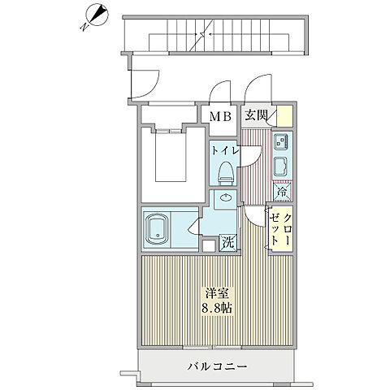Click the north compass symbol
(x=97, y=15)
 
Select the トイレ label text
(x=224, y=150)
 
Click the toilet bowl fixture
(x=225, y=170)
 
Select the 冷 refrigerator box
(x=280, y=193)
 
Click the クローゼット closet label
(x=281, y=227)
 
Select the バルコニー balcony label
(x=215, y=367)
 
